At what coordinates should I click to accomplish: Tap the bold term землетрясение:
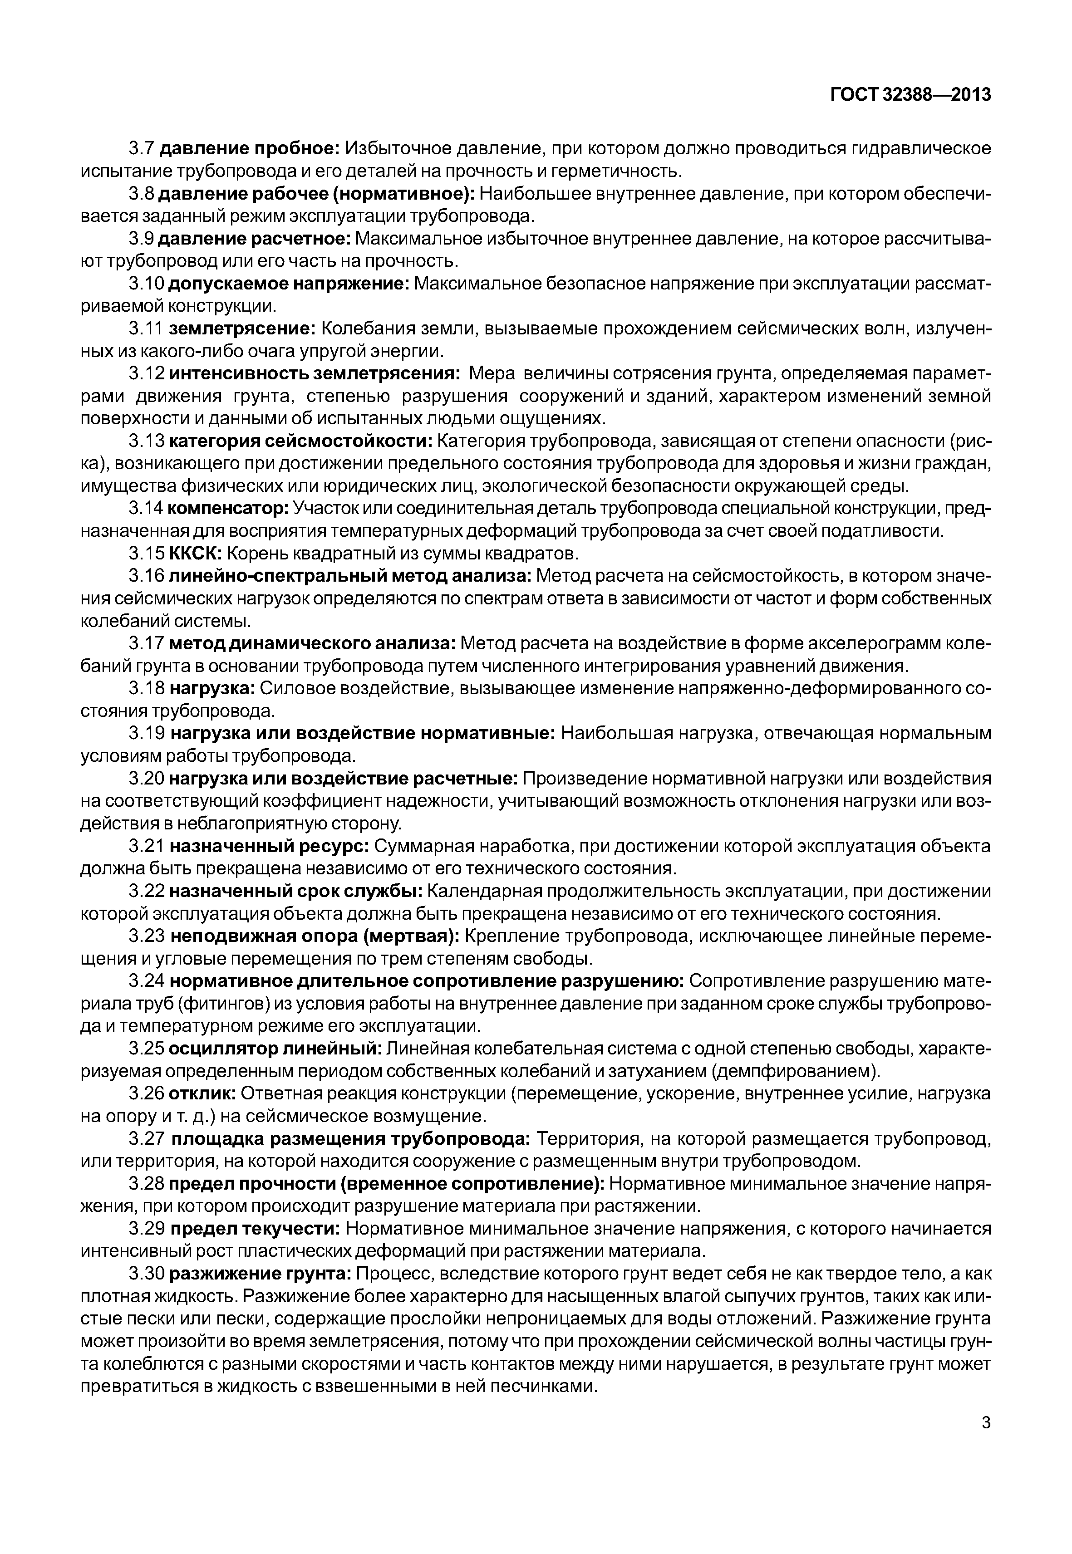pyautogui.click(x=242, y=328)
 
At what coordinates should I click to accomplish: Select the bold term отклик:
pyautogui.click(x=202, y=1093)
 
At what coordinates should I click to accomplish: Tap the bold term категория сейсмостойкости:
pyautogui.click(x=301, y=441)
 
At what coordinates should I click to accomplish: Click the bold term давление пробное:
pyautogui.click(x=251, y=148)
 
